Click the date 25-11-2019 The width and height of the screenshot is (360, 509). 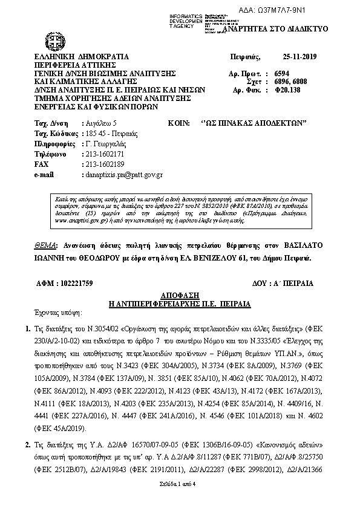[296, 56]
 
